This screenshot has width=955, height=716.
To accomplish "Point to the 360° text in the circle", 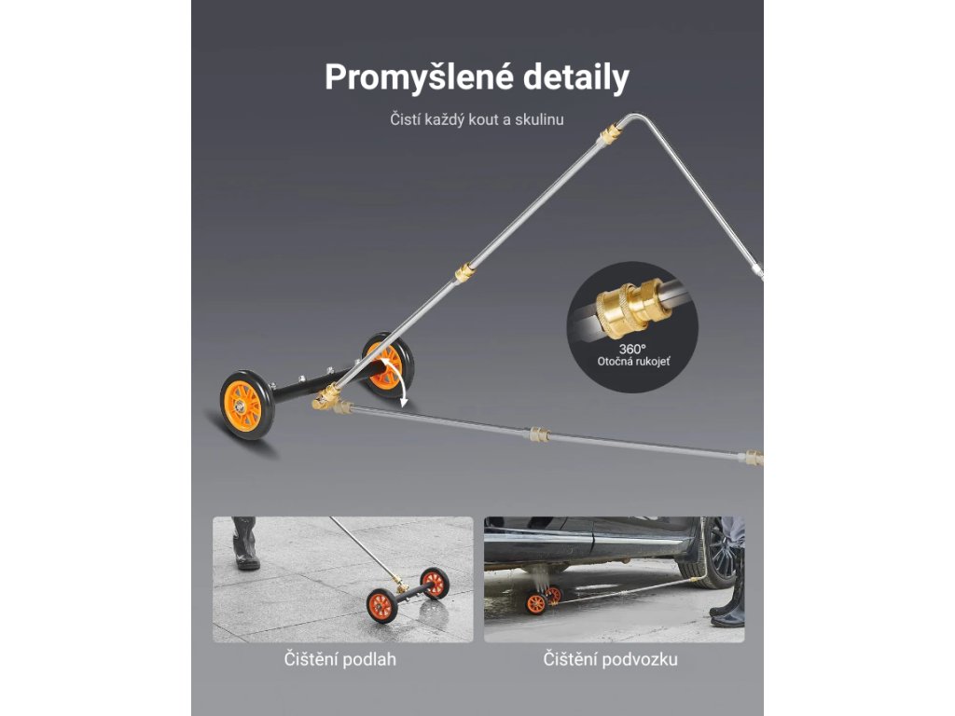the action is (x=633, y=347).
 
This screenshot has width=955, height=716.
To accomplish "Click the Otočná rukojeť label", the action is (x=633, y=361).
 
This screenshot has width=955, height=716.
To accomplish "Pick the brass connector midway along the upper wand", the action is (x=464, y=273).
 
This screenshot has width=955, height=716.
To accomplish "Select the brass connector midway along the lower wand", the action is (x=537, y=435).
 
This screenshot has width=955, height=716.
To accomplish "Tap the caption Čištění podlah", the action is (x=340, y=660).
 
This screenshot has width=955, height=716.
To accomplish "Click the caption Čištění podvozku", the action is (x=610, y=660).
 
